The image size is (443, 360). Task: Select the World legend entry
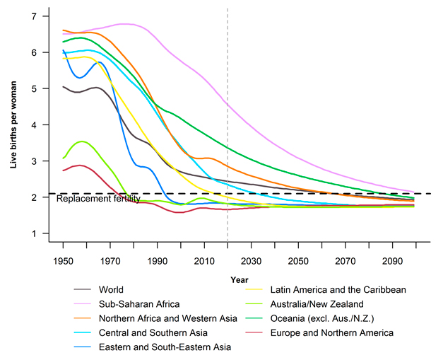click(x=112, y=289)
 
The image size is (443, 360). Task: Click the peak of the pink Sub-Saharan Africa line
click(x=126, y=24)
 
